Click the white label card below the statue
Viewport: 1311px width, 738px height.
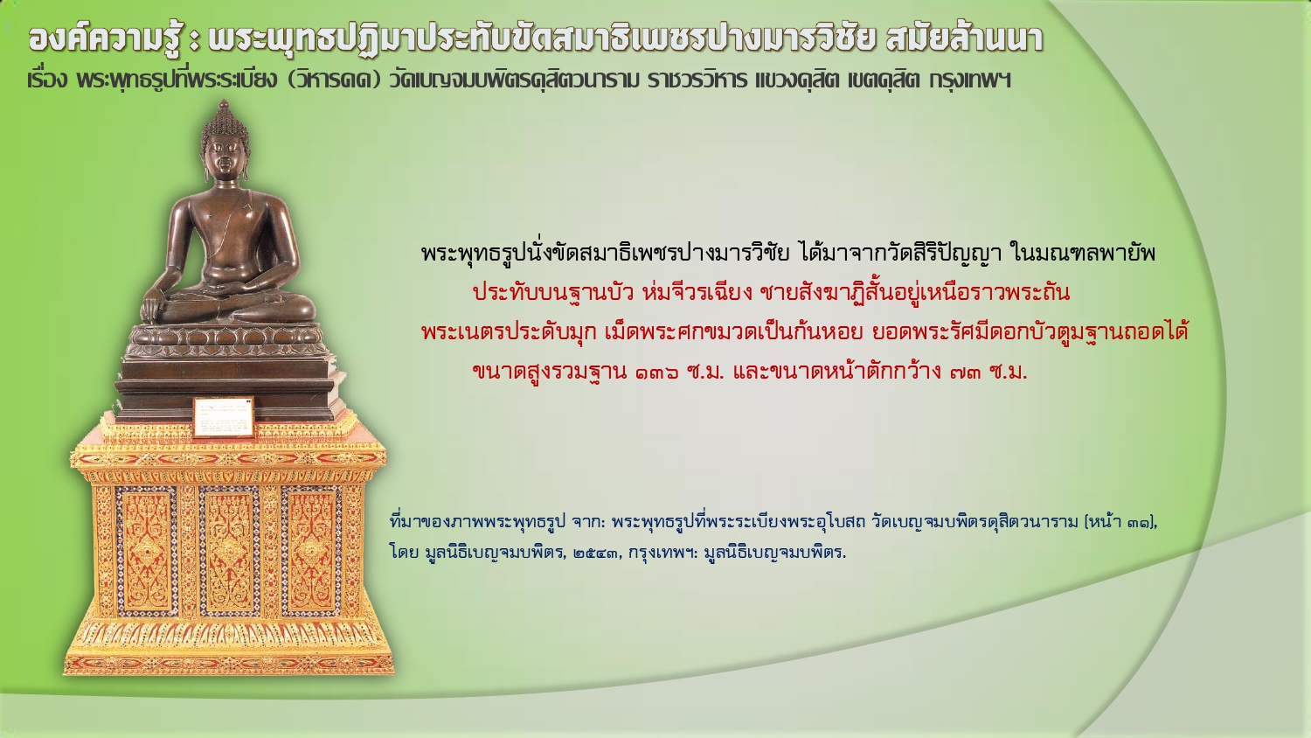(x=224, y=417)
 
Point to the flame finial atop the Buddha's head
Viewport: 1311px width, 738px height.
(x=224, y=108)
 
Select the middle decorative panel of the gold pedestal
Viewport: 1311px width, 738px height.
(x=229, y=551)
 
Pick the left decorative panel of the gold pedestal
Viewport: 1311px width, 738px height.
(x=146, y=551)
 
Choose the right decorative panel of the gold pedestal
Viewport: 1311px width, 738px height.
(x=311, y=551)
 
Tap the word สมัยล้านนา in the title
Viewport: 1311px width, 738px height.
(x=965, y=39)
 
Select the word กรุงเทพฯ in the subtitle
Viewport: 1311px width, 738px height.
(x=970, y=80)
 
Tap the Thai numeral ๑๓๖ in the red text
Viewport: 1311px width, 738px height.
(x=657, y=372)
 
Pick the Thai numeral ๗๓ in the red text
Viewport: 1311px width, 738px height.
(x=966, y=372)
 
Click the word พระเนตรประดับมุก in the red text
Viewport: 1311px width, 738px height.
(x=509, y=332)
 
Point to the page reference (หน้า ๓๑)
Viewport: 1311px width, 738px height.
(x=1120, y=521)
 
